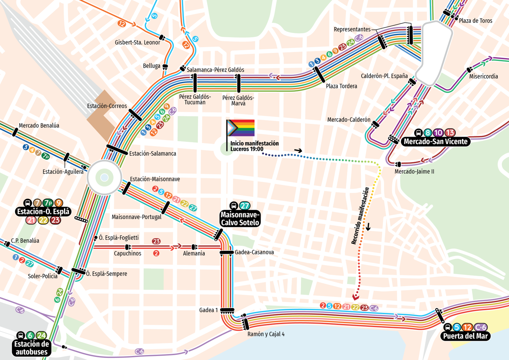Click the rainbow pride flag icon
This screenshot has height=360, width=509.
241,128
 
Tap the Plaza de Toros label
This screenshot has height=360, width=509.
476,21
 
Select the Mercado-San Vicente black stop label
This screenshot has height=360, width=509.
436,141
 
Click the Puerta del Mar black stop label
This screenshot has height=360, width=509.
465,336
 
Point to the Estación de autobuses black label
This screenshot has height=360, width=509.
32,348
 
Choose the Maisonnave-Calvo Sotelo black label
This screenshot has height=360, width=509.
240,219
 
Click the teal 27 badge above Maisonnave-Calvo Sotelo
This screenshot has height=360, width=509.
244,206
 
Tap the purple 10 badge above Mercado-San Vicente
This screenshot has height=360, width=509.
438,133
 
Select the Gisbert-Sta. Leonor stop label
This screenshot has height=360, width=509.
137,43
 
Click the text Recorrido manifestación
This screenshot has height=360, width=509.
360,216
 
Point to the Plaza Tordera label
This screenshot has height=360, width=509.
342,86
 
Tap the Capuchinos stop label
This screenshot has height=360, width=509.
127,254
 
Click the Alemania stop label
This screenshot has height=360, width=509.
194,253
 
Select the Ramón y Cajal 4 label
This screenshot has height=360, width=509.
266,334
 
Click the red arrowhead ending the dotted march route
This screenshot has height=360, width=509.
356,297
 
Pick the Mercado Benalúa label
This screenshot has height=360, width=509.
39,126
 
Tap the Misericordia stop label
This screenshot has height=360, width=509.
484,76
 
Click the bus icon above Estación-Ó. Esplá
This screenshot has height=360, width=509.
28,203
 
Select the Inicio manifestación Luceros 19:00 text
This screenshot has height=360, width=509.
254,146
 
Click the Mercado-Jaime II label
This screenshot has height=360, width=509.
414,171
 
